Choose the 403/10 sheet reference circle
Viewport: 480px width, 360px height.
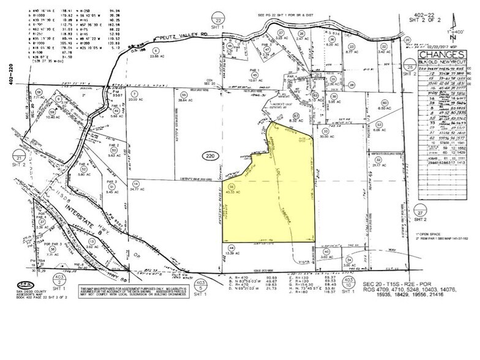point(347,282)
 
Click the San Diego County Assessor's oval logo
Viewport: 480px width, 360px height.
point(25,285)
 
